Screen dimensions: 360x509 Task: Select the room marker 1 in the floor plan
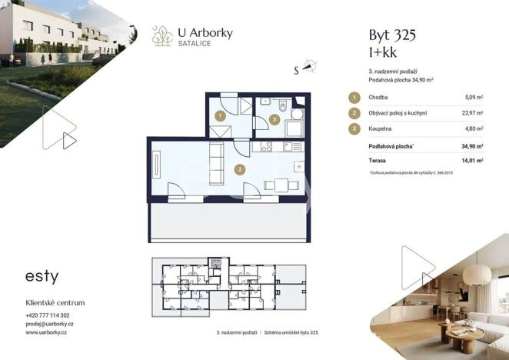pyautogui.click(x=220, y=116)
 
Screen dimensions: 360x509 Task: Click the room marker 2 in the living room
pyautogui.click(x=240, y=169)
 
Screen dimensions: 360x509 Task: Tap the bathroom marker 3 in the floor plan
pyautogui.click(x=274, y=119)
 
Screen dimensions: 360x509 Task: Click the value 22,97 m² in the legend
pyautogui.click(x=471, y=113)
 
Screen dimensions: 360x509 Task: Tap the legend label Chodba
pyautogui.click(x=378, y=98)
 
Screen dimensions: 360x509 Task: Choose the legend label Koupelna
pyautogui.click(x=381, y=129)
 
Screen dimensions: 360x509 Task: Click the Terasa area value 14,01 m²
pyautogui.click(x=471, y=161)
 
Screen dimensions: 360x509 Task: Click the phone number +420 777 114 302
pyautogui.click(x=48, y=315)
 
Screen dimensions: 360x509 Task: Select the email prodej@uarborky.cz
pyautogui.click(x=48, y=325)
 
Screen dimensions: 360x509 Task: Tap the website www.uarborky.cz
pyautogui.click(x=46, y=334)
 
